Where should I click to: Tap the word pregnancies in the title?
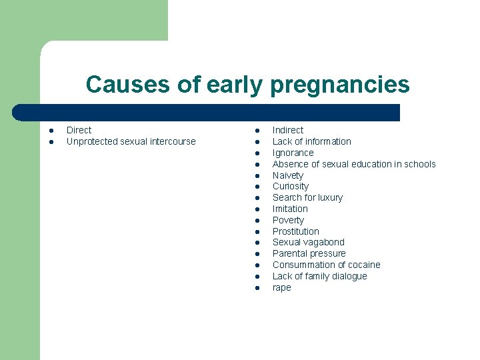pyautogui.click(x=339, y=85)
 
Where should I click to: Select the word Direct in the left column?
pyautogui.click(x=79, y=130)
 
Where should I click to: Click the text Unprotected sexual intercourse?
pyautogui.click(x=131, y=141)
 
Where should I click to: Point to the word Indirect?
pyautogui.click(x=287, y=130)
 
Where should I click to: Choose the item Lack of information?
pyautogui.click(x=311, y=141)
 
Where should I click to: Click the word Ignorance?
pyautogui.click(x=293, y=153)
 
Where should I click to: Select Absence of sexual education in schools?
pyautogui.click(x=353, y=164)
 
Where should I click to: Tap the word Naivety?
pyautogui.click(x=287, y=175)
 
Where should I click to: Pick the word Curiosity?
pyautogui.click(x=290, y=186)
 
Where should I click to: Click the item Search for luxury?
pyautogui.click(x=307, y=197)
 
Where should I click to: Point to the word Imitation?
pyautogui.click(x=290, y=209)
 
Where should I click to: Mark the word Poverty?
pyautogui.click(x=288, y=220)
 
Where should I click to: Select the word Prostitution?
pyautogui.click(x=295, y=231)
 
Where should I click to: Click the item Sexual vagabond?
pyautogui.click(x=308, y=242)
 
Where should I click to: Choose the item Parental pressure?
pyautogui.click(x=309, y=253)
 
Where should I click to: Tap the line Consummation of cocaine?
pyautogui.click(x=326, y=265)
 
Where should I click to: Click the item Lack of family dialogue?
pyautogui.click(x=319, y=276)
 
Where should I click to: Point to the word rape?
pyautogui.click(x=281, y=287)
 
